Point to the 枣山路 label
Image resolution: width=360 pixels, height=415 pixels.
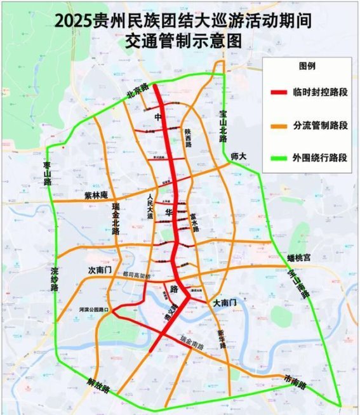[47, 173]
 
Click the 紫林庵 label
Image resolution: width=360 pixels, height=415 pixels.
[97, 195]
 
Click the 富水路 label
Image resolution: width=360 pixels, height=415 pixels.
[193, 221]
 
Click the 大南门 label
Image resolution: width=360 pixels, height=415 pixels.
[225, 303]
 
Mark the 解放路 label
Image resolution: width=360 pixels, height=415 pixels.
[97, 385]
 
